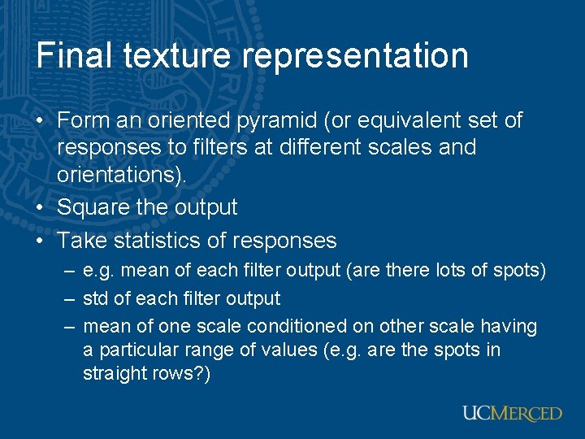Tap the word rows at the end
181,374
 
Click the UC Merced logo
512,413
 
